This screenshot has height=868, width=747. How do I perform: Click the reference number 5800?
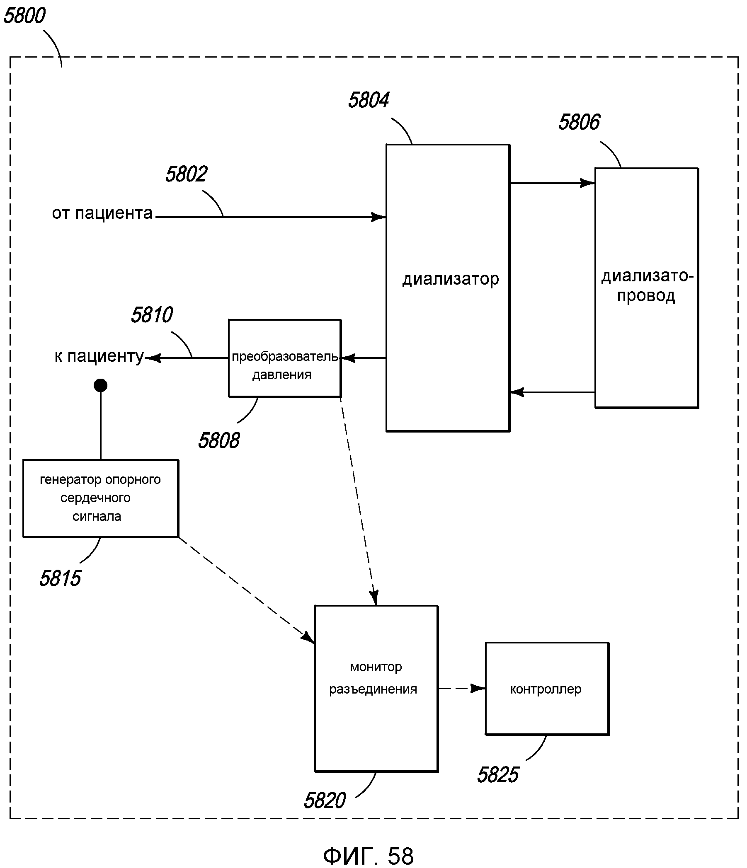tap(24, 16)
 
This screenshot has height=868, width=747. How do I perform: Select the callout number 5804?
tap(369, 101)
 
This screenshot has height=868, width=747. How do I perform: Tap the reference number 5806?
tap(579, 122)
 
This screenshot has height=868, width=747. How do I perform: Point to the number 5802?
tap(186, 174)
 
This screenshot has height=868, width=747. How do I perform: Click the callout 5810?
tap(152, 315)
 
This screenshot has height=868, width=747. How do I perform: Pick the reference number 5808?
tap(219, 441)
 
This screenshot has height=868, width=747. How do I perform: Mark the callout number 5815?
tap(60, 578)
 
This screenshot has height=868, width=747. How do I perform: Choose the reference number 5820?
tap(325, 800)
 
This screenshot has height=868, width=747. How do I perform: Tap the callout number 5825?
tap(498, 775)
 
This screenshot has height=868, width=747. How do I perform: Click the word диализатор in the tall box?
tap(451, 279)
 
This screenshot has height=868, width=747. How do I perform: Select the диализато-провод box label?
tap(646, 286)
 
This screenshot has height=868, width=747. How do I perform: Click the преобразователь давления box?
tap(285, 365)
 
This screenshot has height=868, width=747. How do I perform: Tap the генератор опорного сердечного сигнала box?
tap(100, 498)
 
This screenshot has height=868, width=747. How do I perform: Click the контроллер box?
tap(546, 689)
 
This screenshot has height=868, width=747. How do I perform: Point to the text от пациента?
tap(102, 214)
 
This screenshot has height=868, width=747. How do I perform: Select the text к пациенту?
tap(99, 356)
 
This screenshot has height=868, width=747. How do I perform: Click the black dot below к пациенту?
tap(101, 385)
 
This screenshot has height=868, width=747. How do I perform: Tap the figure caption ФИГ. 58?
tap(368, 856)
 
